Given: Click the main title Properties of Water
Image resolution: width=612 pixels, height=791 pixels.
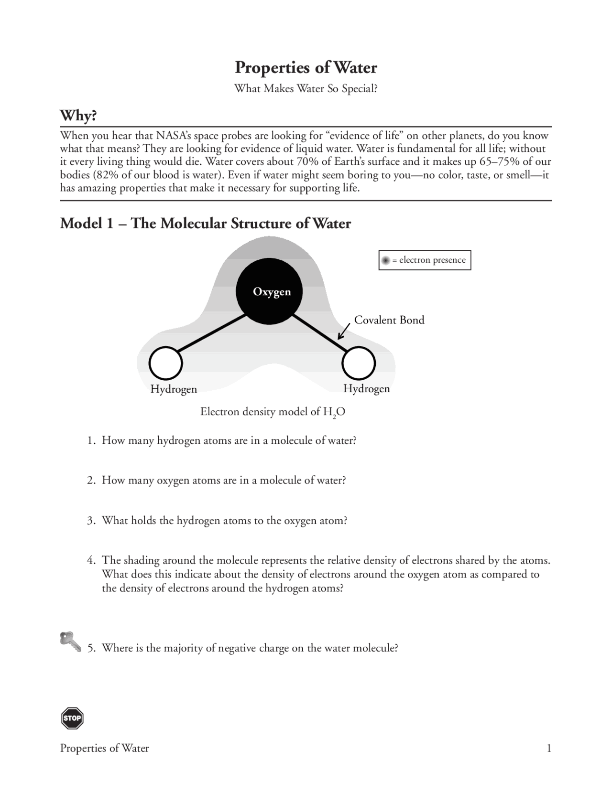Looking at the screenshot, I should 306,67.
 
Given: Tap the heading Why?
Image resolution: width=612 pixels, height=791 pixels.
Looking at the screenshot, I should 78,116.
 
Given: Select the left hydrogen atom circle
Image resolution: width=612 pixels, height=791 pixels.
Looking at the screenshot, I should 165,364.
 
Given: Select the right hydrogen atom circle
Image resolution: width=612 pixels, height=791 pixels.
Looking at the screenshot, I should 359,364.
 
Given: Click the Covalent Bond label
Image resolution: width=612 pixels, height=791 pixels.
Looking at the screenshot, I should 389,320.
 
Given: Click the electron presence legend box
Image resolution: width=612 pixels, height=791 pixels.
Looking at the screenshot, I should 425,260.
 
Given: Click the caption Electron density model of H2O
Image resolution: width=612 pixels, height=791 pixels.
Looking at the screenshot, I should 273,412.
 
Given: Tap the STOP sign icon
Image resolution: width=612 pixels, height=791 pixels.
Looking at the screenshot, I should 72,718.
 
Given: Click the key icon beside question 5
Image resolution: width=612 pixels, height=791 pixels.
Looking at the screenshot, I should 70,641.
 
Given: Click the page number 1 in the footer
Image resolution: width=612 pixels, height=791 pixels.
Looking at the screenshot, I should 549,748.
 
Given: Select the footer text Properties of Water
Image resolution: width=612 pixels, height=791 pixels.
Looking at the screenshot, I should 104,748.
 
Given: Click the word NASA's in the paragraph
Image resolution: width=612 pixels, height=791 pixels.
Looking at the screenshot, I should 174,135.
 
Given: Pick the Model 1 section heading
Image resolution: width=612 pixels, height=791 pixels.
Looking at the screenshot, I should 205,224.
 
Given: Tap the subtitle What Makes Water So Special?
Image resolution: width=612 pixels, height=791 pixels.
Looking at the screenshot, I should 306,89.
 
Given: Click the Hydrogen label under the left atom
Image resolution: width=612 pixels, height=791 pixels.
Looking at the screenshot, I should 174,389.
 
